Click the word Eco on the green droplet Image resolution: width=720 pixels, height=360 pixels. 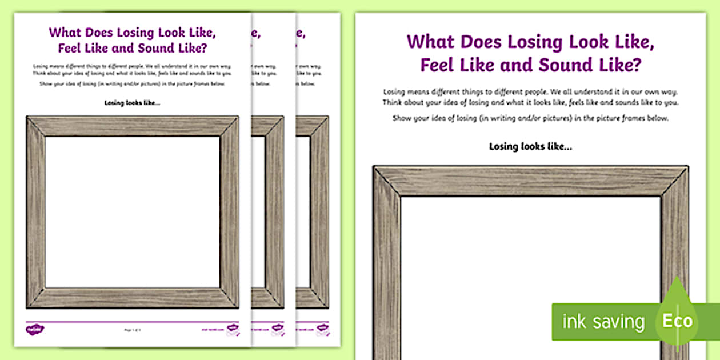[x=677, y=321]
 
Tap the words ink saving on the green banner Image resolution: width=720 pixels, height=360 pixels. [x=603, y=322]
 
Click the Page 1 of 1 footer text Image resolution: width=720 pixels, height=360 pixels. [x=132, y=330]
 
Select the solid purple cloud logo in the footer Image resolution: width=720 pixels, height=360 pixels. [x=32, y=329]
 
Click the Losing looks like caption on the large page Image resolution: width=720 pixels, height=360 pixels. [x=530, y=146]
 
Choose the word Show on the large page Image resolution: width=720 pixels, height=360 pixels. [x=403, y=118]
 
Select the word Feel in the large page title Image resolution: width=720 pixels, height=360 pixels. [x=438, y=65]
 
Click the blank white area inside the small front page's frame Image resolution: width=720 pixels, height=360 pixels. [x=132, y=211]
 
